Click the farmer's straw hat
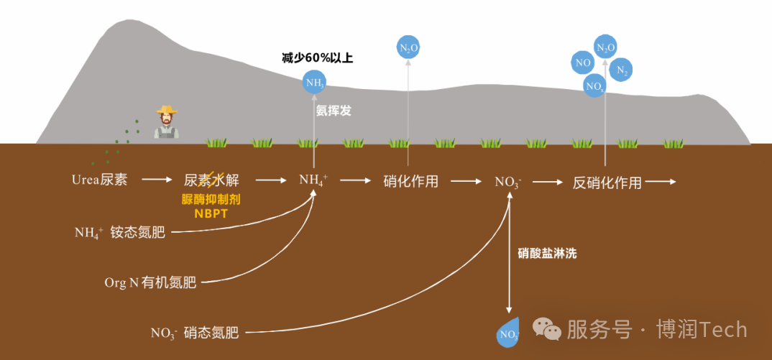tap(167, 111)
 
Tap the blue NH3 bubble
tap(314, 83)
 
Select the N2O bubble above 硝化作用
tap(408, 48)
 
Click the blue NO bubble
tap(582, 63)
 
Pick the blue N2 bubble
tap(622, 70)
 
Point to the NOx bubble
tap(594, 87)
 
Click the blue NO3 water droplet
tap(508, 333)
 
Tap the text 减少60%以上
tap(317, 57)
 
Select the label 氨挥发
tap(334, 111)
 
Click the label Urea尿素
tap(100, 180)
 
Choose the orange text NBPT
tap(211, 213)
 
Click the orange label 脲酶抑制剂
tap(211, 200)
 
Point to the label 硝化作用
tap(411, 181)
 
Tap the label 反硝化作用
tap(607, 182)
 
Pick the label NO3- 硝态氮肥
tap(194, 332)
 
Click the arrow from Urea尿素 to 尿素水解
tap(157, 180)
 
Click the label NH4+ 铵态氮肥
tap(119, 232)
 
